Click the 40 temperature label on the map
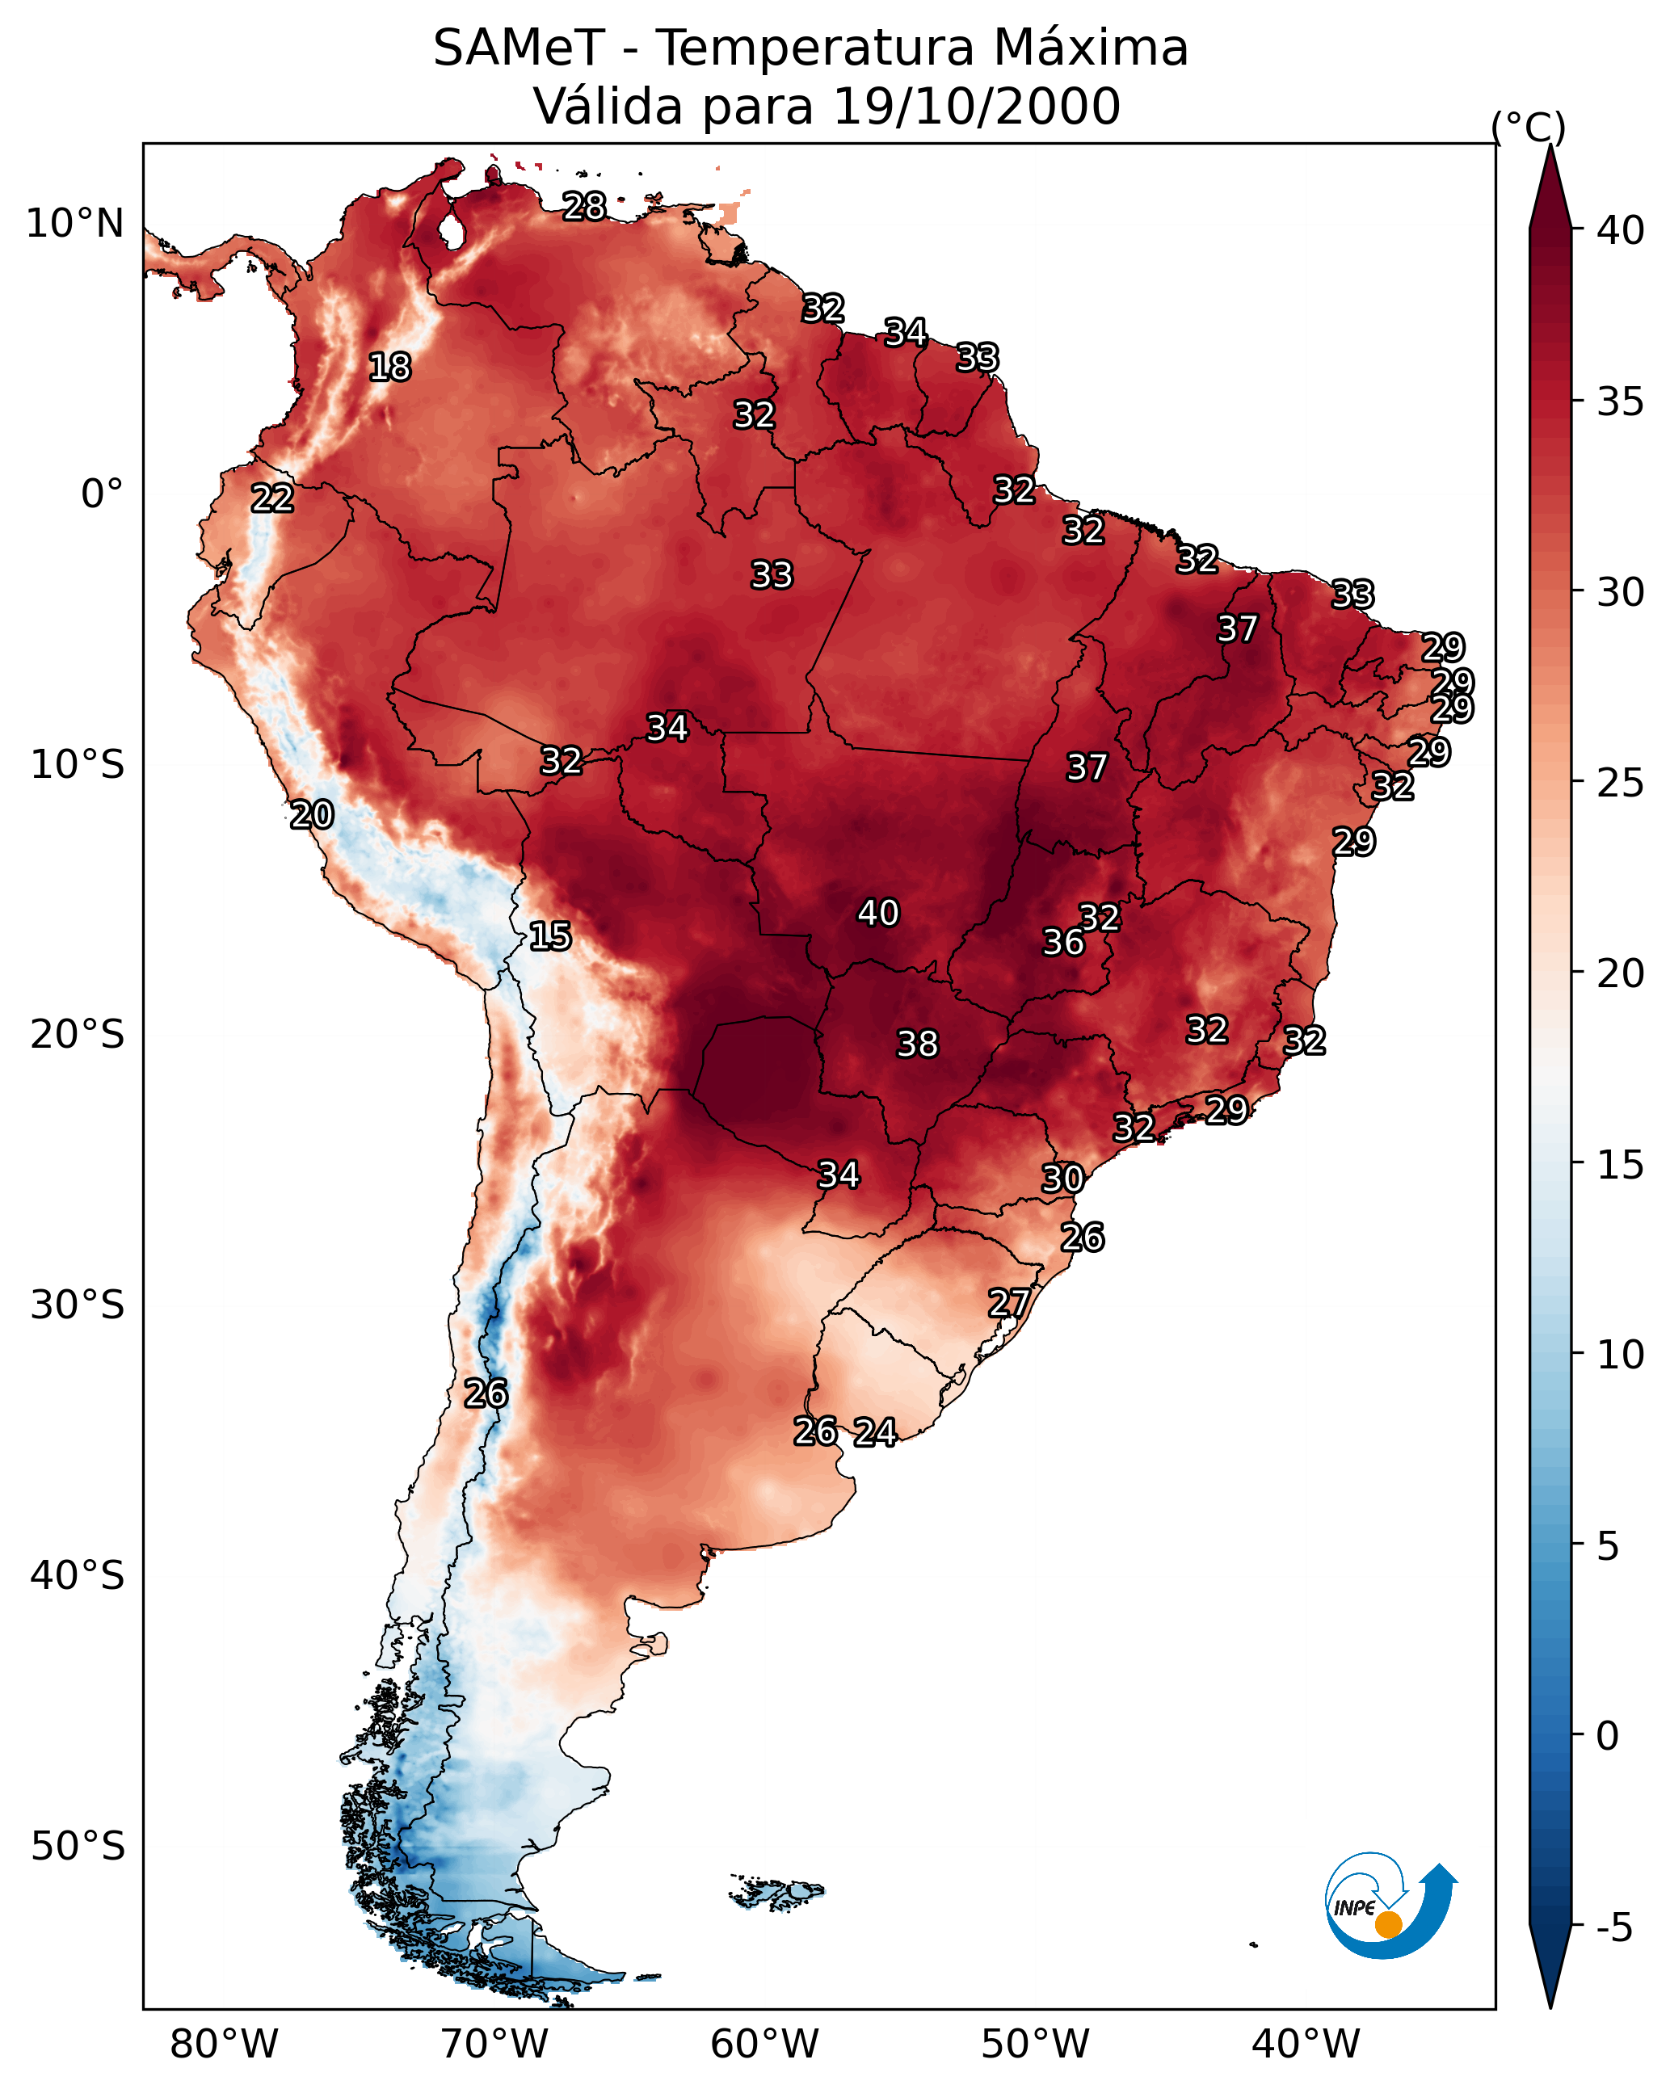pos(878,913)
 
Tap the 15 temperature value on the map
pos(549,936)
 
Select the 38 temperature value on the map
pos(917,1044)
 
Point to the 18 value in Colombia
pos(389,368)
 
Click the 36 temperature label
pos(1063,942)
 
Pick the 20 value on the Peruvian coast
pos(312,815)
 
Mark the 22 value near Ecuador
pos(272,498)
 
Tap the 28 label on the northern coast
pos(584,206)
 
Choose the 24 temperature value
pos(875,1432)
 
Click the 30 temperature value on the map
pos(1062,1179)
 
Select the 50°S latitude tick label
pos(78,1846)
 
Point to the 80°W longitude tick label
pos(224,2044)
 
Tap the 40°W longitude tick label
pos(1306,2044)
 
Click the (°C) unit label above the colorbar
pos(1529,127)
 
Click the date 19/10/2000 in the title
pos(976,107)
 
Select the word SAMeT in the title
pos(519,48)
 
